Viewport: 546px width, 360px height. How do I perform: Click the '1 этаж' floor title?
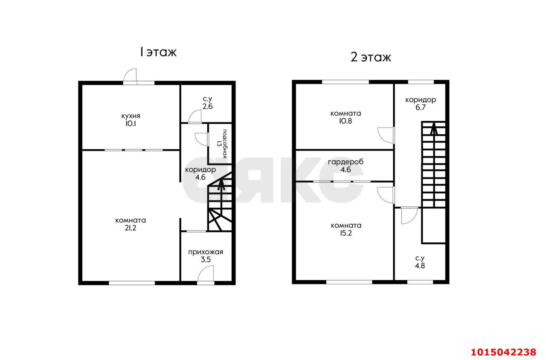[x=158, y=52]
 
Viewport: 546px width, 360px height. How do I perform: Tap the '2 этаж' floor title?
[x=371, y=57]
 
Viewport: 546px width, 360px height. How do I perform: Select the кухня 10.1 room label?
[x=131, y=120]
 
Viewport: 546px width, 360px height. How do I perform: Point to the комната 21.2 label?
[x=131, y=224]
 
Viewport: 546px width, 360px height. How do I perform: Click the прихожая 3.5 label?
[x=206, y=255]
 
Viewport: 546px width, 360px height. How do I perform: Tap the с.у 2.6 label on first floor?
[x=207, y=103]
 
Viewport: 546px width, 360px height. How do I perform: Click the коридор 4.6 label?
[x=200, y=173]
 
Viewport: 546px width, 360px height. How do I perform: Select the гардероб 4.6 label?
[x=346, y=165]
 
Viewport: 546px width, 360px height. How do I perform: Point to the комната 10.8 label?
[x=346, y=117]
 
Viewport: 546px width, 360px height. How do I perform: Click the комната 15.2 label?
[x=346, y=229]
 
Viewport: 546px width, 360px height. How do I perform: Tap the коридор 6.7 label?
[x=421, y=103]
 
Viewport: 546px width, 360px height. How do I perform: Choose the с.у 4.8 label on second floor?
[x=420, y=262]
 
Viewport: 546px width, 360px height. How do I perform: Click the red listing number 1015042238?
[x=503, y=352]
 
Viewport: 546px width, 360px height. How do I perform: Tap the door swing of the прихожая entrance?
[x=206, y=273]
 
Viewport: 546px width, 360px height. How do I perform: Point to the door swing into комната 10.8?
[x=386, y=135]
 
